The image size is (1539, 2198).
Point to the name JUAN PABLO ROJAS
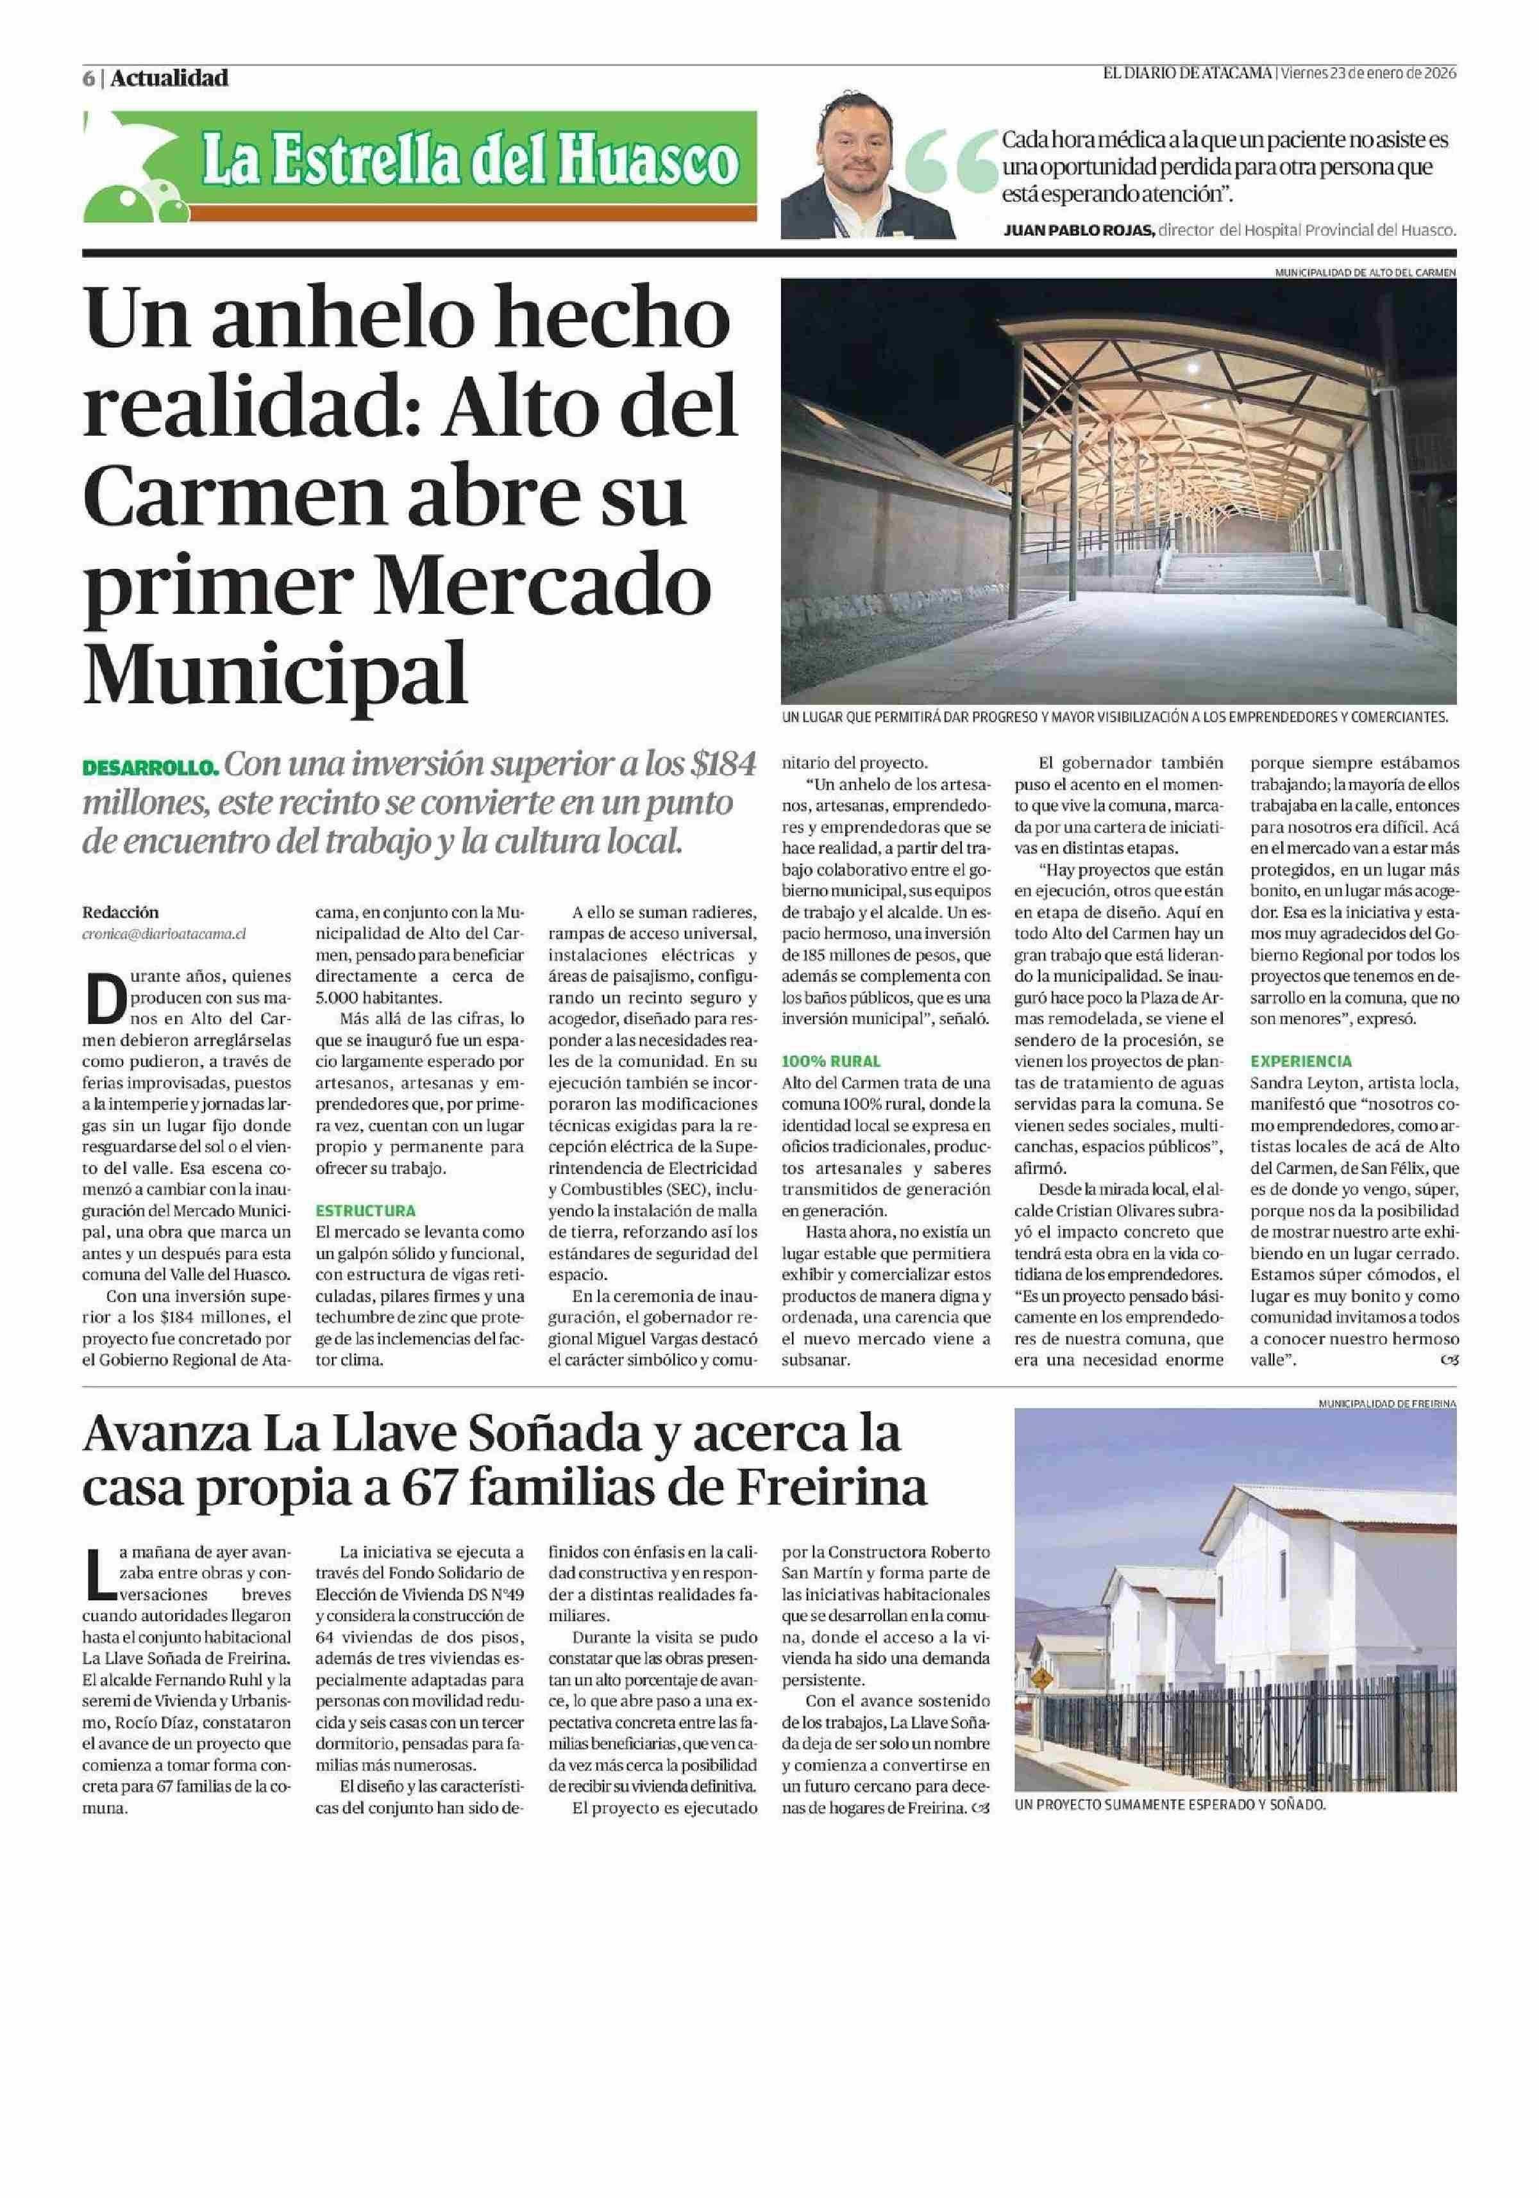1079,231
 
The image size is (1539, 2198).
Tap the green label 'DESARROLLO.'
152,769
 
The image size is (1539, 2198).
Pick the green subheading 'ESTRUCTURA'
366,1210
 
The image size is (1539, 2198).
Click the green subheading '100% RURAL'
831,1061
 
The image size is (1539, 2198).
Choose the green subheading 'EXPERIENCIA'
1300,1061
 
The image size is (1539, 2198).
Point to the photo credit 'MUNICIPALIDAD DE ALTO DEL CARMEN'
1364,272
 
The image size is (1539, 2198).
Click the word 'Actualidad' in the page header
169,78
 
